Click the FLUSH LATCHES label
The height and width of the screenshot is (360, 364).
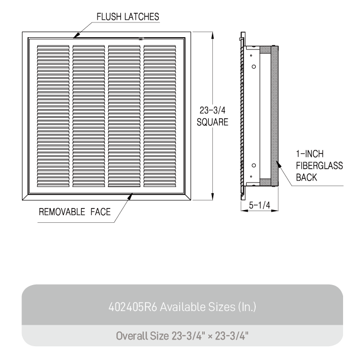click(128, 17)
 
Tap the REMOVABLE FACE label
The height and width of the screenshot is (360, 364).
click(75, 212)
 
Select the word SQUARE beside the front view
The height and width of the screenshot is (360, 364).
click(212, 122)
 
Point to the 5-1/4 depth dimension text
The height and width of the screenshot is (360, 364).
click(259, 205)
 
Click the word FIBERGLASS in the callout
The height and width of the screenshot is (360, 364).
click(319, 166)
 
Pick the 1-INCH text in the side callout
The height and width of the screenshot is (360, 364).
click(310, 153)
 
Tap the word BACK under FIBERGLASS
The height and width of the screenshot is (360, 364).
click(306, 177)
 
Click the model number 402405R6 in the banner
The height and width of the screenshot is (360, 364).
click(133, 307)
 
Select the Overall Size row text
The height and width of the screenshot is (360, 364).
click(182, 336)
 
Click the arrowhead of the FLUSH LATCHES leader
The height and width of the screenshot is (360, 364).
click(77, 35)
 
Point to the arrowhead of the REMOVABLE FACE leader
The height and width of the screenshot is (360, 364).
click(130, 196)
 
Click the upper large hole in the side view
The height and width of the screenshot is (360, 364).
click(254, 67)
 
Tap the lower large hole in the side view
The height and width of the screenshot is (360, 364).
click(254, 166)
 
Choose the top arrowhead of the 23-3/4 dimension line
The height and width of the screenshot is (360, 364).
click(212, 35)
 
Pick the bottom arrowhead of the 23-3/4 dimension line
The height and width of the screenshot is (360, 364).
click(212, 197)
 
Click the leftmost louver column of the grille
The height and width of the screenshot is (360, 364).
click(53, 116)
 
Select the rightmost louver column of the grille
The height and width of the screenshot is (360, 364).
click(160, 116)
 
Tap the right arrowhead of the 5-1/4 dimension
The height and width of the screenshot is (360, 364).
click(275, 211)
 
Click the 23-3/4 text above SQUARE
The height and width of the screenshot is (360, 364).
click(212, 110)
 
